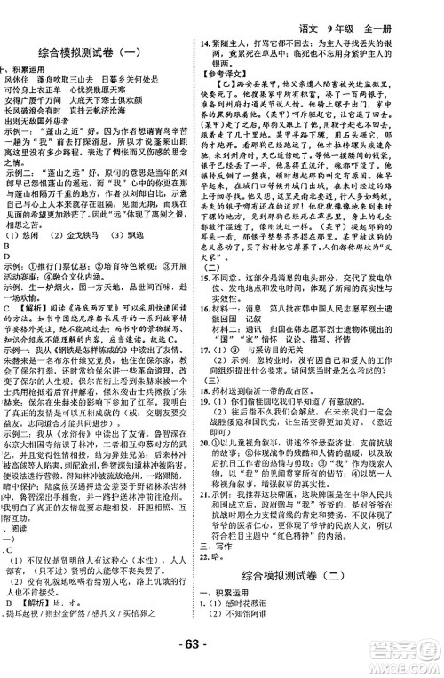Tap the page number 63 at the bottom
(222, 661)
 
